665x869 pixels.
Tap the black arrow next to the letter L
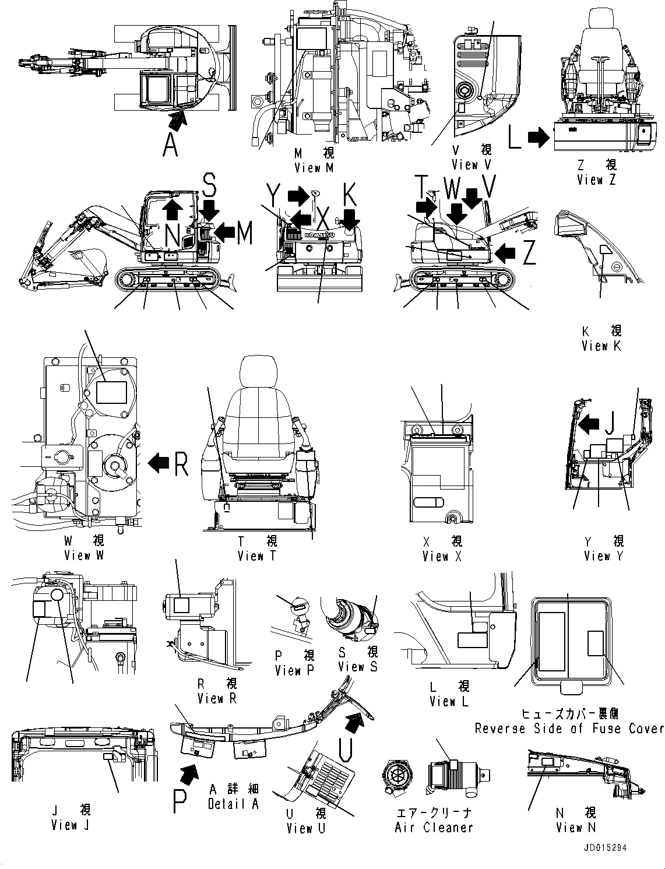[539, 138]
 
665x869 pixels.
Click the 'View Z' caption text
[596, 180]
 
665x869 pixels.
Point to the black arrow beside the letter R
[159, 463]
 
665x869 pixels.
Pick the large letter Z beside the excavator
[529, 253]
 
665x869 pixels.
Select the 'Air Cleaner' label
[434, 827]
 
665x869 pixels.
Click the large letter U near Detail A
[345, 750]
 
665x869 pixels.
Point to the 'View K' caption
[601, 346]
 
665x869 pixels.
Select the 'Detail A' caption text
[233, 804]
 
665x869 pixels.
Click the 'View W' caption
[85, 555]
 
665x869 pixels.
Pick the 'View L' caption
[449, 702]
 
